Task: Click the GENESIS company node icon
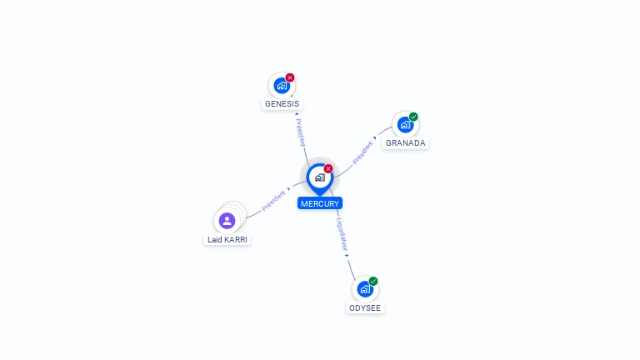(282, 86)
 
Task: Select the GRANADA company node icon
(405, 125)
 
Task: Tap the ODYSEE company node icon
(365, 289)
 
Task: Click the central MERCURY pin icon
(320, 179)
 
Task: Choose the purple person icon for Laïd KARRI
(227, 221)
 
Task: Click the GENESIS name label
(282, 103)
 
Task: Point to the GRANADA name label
(405, 142)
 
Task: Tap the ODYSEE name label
(365, 307)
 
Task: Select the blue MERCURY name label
(320, 203)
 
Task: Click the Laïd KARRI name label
(227, 240)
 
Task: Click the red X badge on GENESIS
(290, 77)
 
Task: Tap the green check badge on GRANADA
(413, 117)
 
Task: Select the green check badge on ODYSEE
(373, 281)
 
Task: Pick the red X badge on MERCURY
(328, 168)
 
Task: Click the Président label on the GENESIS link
(300, 132)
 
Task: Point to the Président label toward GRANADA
(362, 152)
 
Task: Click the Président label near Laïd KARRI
(273, 201)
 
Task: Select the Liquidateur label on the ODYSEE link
(342, 234)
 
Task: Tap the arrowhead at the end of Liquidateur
(347, 256)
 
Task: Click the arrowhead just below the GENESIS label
(297, 114)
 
